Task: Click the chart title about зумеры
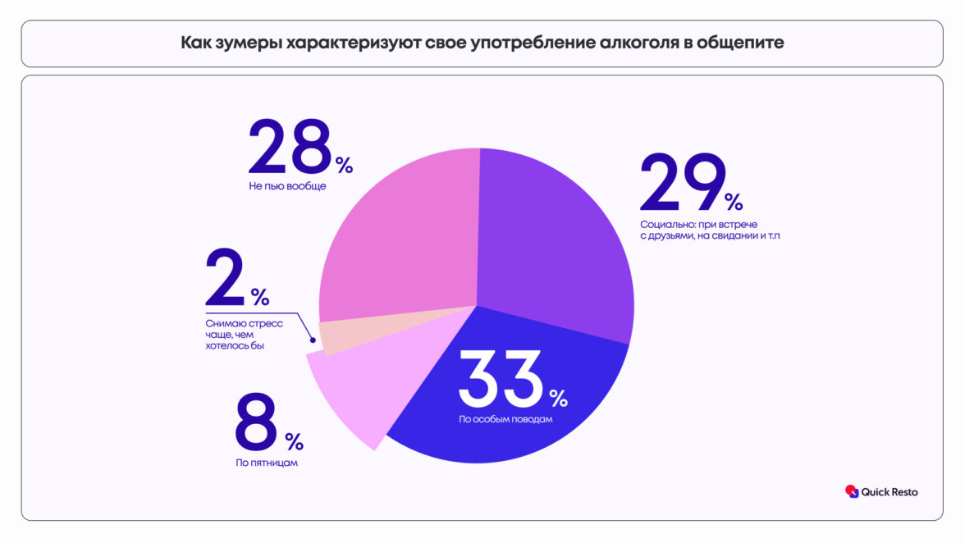(482, 43)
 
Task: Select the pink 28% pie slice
(402, 238)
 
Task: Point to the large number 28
(290, 148)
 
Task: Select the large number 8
(257, 423)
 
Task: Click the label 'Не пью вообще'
(287, 187)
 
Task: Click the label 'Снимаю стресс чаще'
(244, 335)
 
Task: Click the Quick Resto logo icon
(852, 491)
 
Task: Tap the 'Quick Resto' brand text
(890, 492)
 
